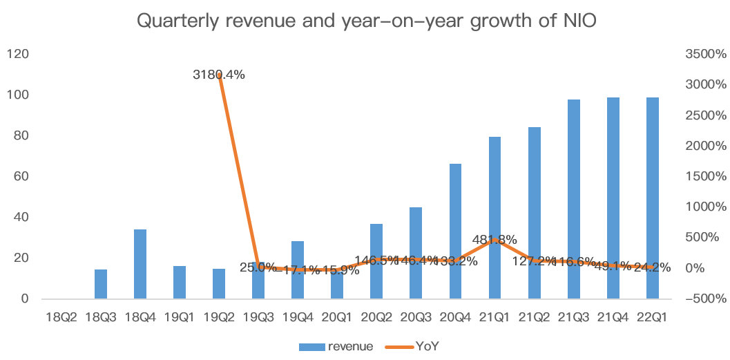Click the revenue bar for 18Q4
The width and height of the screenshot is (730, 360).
(x=140, y=264)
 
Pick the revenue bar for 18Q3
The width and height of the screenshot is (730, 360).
(x=101, y=284)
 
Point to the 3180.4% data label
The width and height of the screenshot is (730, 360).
(x=219, y=75)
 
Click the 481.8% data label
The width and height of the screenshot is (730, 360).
(x=495, y=240)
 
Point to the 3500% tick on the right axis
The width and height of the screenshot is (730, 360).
(x=702, y=54)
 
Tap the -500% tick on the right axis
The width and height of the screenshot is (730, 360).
(x=703, y=299)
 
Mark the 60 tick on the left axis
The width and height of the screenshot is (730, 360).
(x=21, y=176)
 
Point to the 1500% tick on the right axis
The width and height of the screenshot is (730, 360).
(x=702, y=176)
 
